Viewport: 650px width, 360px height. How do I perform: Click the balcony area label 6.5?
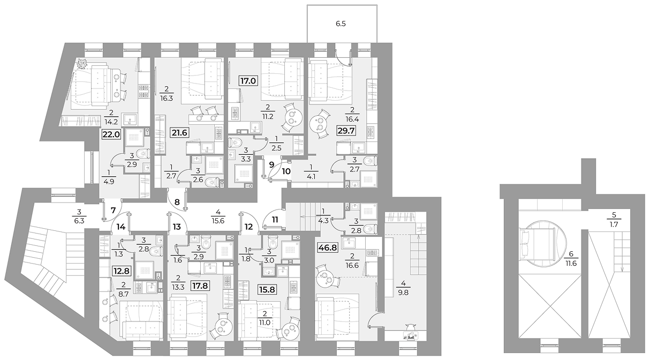point(341,24)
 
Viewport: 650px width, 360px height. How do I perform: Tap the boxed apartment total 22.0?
point(111,134)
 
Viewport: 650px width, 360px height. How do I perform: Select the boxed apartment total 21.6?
point(180,133)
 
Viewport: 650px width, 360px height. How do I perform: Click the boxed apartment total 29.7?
point(346,131)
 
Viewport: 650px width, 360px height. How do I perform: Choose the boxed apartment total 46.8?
point(328,247)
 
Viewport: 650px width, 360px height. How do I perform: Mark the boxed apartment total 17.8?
point(200,286)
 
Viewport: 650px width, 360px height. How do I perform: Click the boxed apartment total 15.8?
point(267,289)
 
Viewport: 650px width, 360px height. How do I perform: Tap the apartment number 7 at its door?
point(113,209)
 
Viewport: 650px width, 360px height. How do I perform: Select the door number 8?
point(177,201)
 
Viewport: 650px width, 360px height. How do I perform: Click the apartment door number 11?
point(275,220)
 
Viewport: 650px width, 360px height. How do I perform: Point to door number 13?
point(177,227)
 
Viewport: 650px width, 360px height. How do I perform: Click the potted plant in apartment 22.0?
point(82,64)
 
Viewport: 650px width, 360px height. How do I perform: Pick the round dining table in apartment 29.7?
point(320,124)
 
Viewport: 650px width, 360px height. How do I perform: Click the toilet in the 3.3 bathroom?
point(236,142)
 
